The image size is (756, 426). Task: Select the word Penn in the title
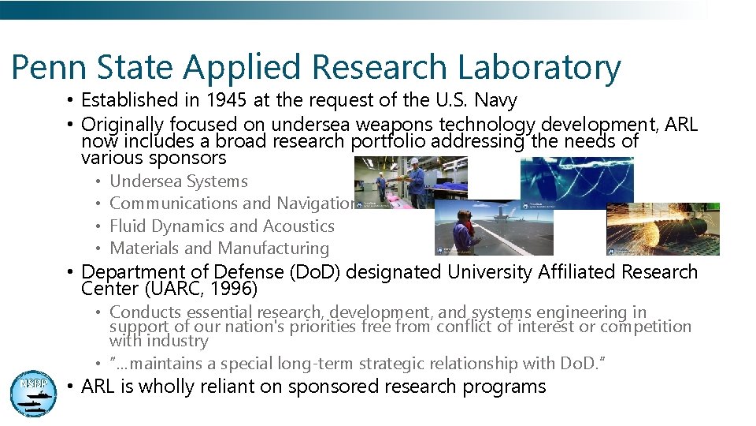point(46,68)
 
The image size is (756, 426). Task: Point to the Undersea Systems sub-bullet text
point(179,181)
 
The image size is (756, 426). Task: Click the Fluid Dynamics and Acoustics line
point(222,226)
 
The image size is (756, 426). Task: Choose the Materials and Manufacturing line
point(220,248)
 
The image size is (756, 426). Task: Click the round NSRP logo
point(33,392)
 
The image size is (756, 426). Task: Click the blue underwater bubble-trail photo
point(577,178)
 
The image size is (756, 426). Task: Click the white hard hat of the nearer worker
point(413,163)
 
